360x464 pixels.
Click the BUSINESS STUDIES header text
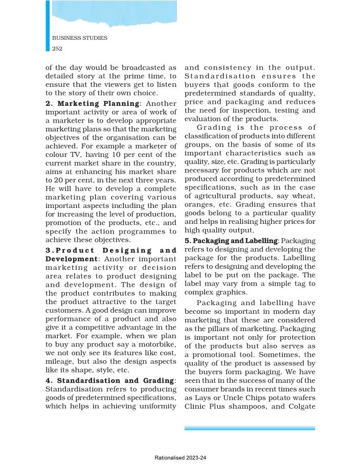(x=80, y=38)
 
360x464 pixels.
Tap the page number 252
(x=57, y=49)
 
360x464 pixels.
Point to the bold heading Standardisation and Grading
(x=116, y=381)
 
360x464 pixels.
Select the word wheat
(x=304, y=195)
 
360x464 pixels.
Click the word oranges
(x=199, y=204)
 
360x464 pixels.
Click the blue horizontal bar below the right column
(x=250, y=428)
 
